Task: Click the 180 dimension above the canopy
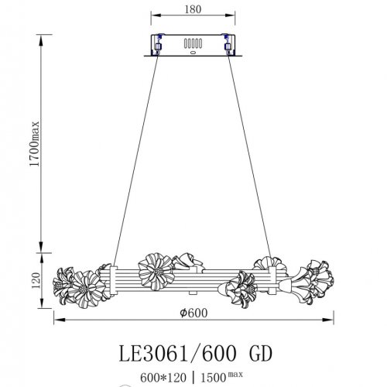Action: point(193,10)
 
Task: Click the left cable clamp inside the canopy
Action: point(160,45)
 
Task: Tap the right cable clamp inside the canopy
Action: point(228,45)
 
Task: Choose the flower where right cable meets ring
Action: point(267,265)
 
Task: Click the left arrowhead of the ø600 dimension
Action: point(56,321)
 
